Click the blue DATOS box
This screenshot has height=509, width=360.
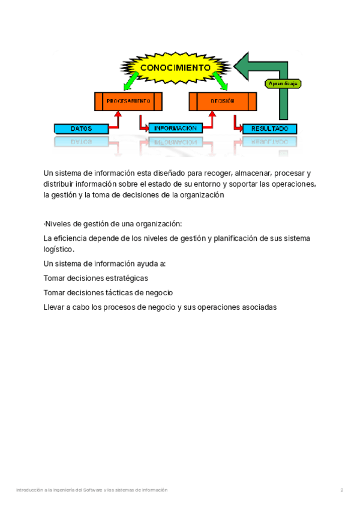tap(81, 128)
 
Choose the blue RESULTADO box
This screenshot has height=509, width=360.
tap(269, 128)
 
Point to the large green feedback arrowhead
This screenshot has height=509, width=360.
tap(244, 65)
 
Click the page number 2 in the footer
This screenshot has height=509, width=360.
tap(342, 490)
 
